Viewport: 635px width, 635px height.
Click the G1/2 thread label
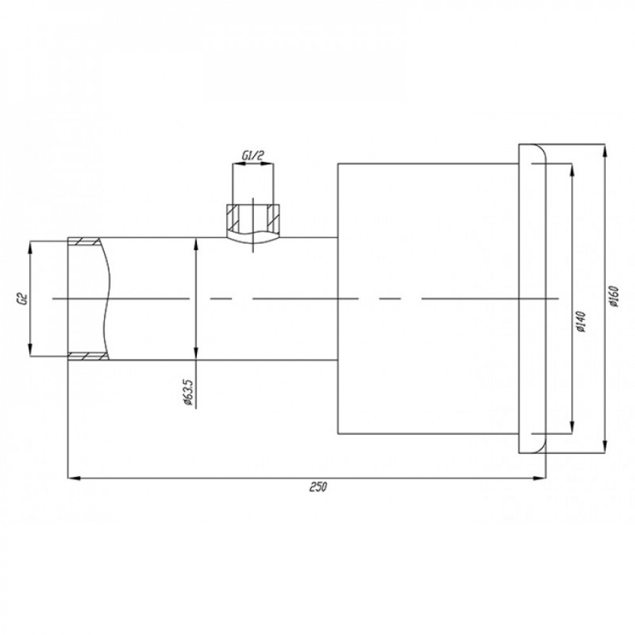pos(253,155)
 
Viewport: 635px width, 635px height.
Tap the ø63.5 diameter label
pos(188,392)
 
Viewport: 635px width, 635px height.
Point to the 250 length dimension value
pos(318,487)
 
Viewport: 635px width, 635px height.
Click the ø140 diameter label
pos(580,322)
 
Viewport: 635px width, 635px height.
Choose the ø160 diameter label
pos(613,297)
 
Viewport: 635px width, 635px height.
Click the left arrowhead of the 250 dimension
pos(73,478)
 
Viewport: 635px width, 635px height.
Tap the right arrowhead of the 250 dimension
pos(540,478)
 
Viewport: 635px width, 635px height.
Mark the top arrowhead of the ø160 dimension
pos(605,150)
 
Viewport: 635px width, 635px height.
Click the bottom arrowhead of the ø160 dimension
pos(605,447)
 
